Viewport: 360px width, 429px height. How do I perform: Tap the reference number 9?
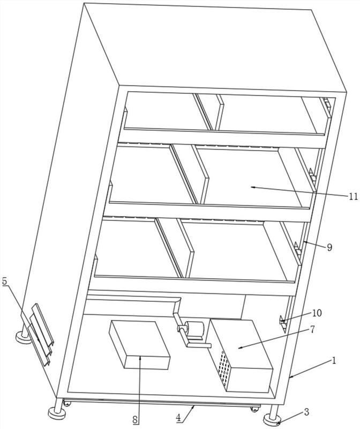pyautogui.click(x=329, y=247)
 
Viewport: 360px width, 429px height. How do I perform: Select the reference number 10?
pyautogui.click(x=317, y=313)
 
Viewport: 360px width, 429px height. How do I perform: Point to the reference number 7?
pyautogui.click(x=312, y=329)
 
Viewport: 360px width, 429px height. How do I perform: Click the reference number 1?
pyautogui.click(x=333, y=360)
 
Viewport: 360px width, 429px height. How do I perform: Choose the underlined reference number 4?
pyautogui.click(x=178, y=418)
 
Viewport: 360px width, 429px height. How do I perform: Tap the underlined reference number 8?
pyautogui.click(x=136, y=419)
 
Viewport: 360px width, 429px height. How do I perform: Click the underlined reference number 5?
pyautogui.click(x=5, y=281)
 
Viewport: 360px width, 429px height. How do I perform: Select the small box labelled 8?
pyautogui.click(x=139, y=345)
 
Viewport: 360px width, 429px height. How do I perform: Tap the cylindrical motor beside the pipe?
pyautogui.click(x=194, y=329)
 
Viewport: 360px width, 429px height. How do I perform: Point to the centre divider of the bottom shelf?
pyautogui.click(x=175, y=248)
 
